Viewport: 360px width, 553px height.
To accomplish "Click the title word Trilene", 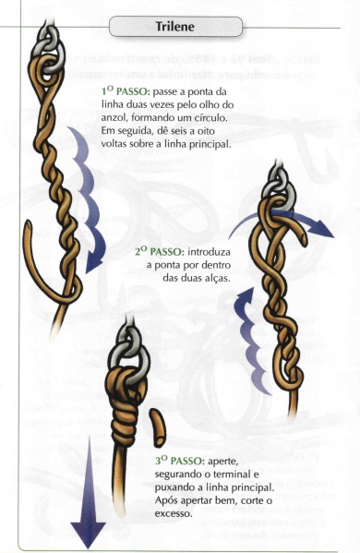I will [x=180, y=28].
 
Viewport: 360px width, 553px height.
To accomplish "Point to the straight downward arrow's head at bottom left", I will [x=88, y=535].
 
